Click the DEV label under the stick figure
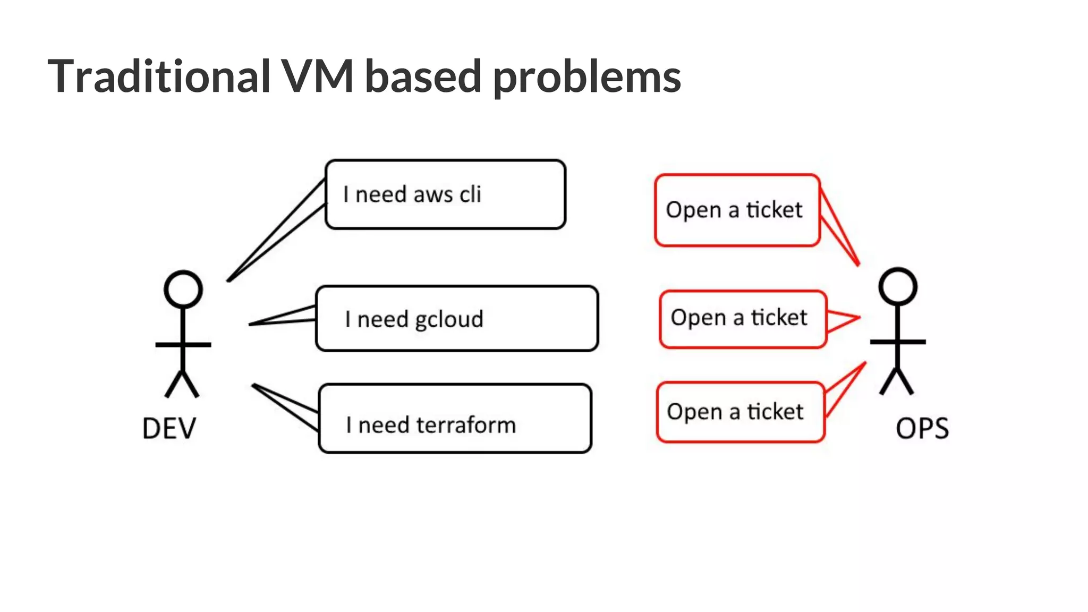(x=169, y=428)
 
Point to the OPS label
(x=922, y=428)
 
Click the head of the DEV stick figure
(x=183, y=290)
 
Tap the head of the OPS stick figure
(x=897, y=286)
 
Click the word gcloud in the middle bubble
(x=449, y=320)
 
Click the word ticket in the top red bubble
(x=774, y=210)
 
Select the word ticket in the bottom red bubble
(x=775, y=412)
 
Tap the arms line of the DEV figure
(x=183, y=345)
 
